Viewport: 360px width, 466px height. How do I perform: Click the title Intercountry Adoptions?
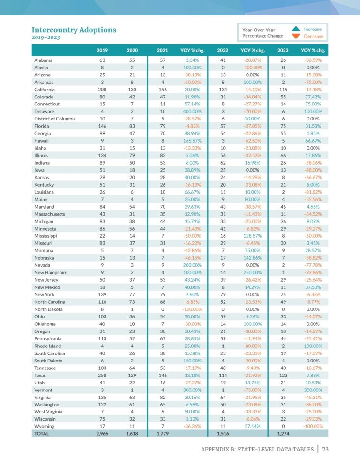click(x=74, y=30)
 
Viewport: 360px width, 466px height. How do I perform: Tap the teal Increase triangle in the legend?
click(x=296, y=29)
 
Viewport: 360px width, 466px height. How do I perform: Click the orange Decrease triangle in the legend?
click(x=296, y=36)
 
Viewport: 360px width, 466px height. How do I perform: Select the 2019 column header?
click(x=102, y=50)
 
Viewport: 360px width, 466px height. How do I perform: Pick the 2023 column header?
click(x=283, y=50)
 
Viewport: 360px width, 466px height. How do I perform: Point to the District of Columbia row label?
click(x=55, y=119)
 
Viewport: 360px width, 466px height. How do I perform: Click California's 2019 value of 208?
click(x=102, y=90)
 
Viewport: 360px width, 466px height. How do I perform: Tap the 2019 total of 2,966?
click(x=102, y=434)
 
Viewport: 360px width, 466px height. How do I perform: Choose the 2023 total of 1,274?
click(x=283, y=434)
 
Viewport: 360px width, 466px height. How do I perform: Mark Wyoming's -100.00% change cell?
click(x=313, y=426)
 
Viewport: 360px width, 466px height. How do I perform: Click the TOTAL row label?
click(x=42, y=434)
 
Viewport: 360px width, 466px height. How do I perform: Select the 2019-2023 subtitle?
click(x=46, y=38)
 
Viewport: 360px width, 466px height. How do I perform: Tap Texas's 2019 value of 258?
click(x=102, y=375)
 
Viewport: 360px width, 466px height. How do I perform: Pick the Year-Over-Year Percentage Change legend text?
click(x=262, y=32)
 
